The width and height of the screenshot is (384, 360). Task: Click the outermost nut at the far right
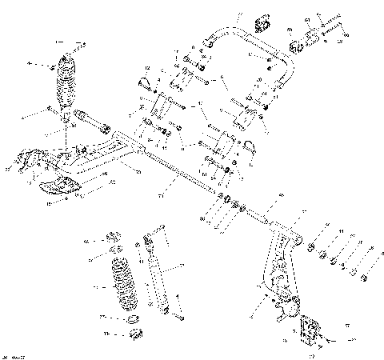pos(364,277)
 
